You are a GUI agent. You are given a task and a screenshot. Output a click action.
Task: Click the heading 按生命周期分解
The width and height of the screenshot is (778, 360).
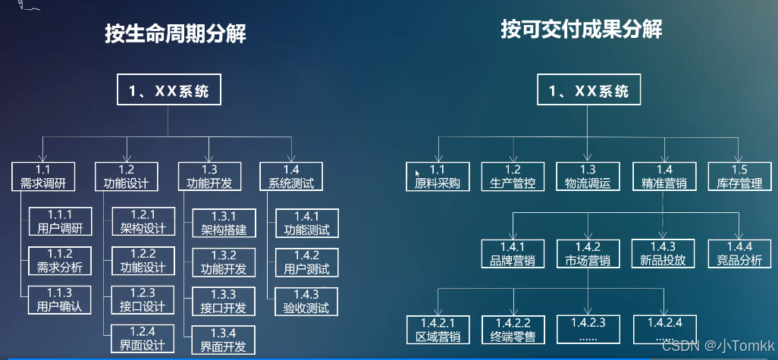click(176, 35)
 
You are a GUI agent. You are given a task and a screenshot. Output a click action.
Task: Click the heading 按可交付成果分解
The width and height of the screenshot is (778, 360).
click(582, 30)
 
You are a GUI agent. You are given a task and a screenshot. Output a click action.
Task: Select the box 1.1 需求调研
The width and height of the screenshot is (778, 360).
click(43, 177)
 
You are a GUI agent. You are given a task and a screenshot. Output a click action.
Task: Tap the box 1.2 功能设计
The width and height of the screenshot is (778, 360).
click(127, 177)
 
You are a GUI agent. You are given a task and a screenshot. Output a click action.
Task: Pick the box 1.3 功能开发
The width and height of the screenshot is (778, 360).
click(209, 177)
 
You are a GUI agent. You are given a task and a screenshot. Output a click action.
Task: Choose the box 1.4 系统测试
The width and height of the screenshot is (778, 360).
click(291, 177)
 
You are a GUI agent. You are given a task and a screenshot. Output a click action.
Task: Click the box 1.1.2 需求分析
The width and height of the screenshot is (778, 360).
click(60, 260)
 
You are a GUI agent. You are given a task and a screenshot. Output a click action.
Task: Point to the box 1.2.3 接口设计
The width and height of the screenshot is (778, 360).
click(143, 300)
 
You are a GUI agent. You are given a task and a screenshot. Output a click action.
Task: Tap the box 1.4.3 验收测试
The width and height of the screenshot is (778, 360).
click(306, 301)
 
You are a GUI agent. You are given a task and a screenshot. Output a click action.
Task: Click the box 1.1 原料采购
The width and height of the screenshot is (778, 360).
click(438, 177)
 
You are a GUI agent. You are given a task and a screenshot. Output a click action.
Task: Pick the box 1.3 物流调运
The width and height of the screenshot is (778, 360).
click(588, 177)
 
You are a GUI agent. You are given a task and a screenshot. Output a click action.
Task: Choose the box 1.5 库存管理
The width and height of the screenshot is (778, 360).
click(739, 177)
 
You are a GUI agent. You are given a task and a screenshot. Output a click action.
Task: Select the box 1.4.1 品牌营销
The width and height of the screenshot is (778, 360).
click(513, 254)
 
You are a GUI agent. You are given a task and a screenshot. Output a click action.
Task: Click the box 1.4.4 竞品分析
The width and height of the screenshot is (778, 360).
click(739, 254)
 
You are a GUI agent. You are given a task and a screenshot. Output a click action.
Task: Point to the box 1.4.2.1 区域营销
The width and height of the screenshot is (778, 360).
click(438, 330)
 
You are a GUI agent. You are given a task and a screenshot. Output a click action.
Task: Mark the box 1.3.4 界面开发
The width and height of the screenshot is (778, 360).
click(224, 340)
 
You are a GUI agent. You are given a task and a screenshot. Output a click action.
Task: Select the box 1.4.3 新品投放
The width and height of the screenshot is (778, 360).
click(663, 254)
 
